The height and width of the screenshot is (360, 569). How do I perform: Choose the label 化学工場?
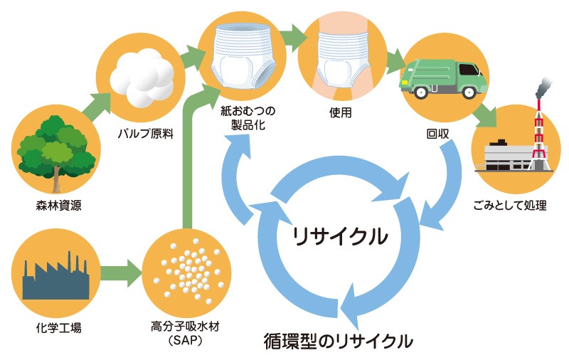(x=53, y=329)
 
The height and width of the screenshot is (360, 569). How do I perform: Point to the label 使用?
(x=341, y=112)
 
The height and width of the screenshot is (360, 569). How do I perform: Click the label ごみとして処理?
(x=510, y=207)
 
